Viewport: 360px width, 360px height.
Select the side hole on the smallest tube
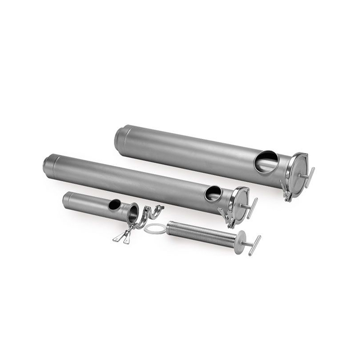pos(114,205)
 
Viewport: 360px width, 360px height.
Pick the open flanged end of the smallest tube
pos(134,212)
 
